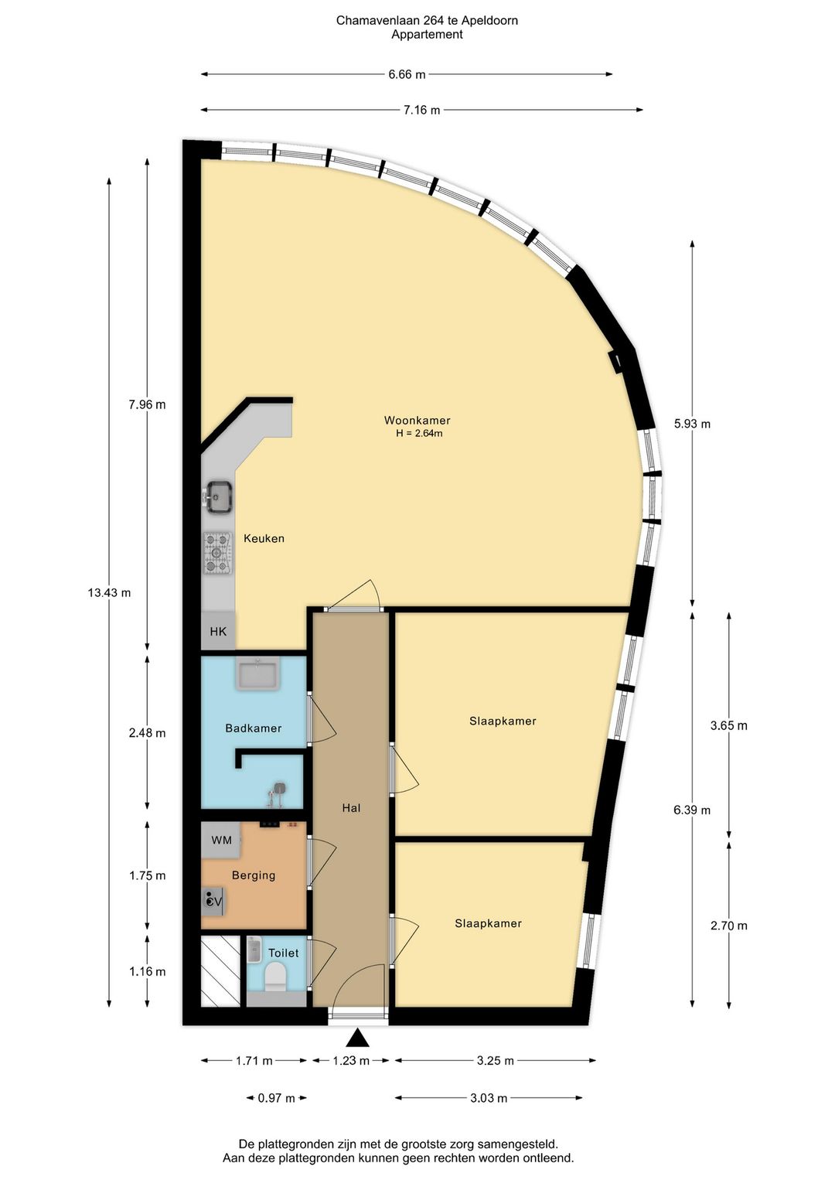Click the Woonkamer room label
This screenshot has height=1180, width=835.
point(417,421)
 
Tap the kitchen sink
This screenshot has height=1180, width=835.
point(219,496)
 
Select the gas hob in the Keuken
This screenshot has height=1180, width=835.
point(217,553)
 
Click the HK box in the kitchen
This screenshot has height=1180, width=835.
point(218,631)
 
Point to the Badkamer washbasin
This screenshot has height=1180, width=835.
point(257,674)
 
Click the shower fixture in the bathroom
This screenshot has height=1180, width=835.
point(276,793)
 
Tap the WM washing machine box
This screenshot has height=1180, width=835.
point(221,841)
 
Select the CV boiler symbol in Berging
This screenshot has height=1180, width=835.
point(214,902)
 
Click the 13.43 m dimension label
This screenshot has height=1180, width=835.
point(109,592)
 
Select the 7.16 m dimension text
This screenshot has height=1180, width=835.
point(421,110)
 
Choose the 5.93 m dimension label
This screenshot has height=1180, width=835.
point(692,424)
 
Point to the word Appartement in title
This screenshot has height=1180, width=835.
point(428,35)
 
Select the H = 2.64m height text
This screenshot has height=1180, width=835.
point(419,434)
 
